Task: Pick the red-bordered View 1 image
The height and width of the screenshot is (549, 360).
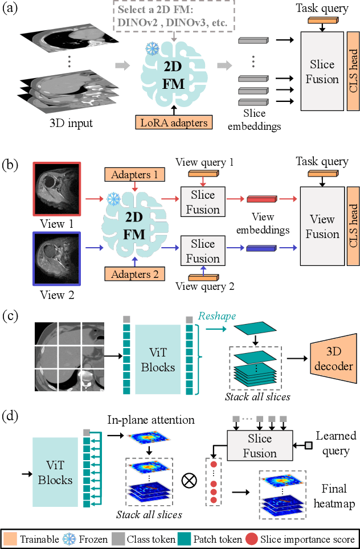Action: click(x=57, y=186)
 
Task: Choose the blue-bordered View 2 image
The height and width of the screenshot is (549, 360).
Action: click(x=57, y=253)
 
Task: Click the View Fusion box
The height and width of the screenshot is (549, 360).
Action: click(x=322, y=226)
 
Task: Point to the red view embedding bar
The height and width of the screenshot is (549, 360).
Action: click(x=261, y=199)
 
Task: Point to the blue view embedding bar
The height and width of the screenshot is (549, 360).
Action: click(x=261, y=248)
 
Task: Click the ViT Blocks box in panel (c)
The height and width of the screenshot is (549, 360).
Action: click(x=158, y=358)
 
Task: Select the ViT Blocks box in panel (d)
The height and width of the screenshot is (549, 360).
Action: click(x=55, y=472)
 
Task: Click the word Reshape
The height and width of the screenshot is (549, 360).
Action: click(x=217, y=316)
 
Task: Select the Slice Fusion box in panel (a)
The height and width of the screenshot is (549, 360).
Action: click(x=322, y=71)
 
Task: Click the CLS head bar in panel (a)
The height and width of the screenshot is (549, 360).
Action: click(x=353, y=71)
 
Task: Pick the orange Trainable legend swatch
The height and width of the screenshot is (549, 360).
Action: click(x=11, y=539)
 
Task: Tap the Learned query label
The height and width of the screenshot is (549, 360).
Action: click(x=336, y=443)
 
